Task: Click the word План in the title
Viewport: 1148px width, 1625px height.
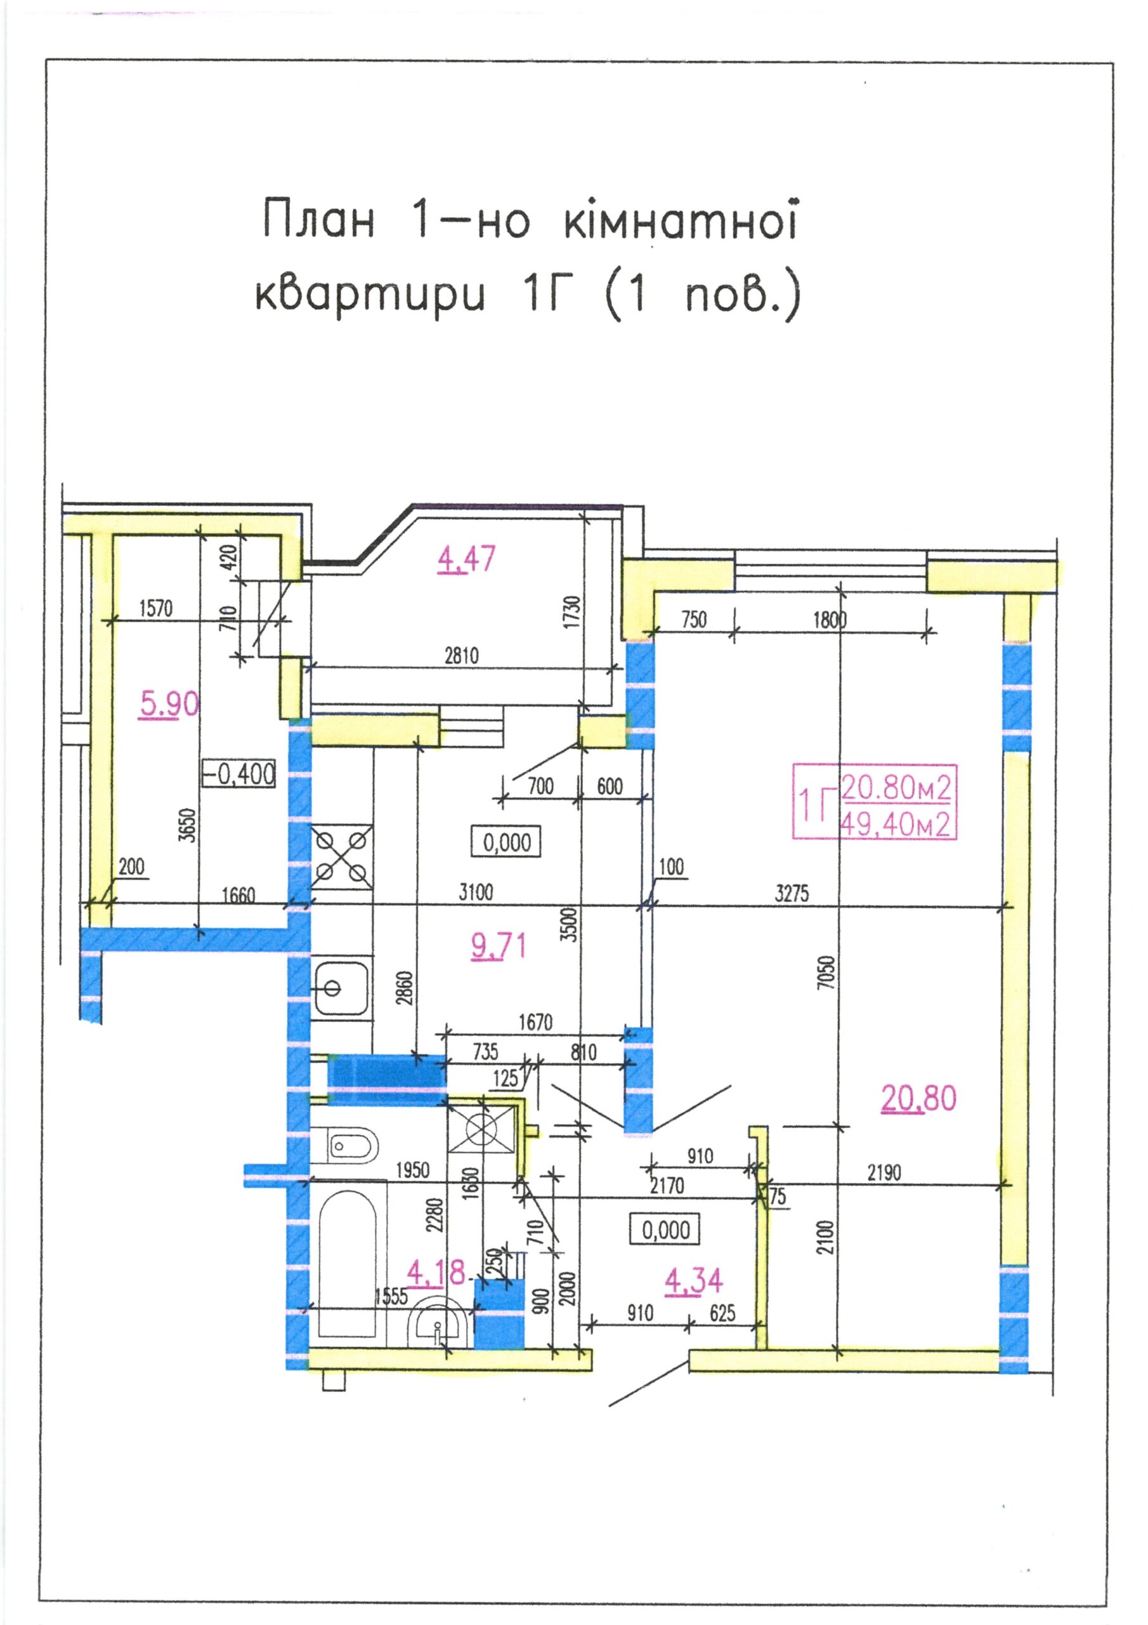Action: (318, 220)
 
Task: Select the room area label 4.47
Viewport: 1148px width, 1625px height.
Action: (467, 559)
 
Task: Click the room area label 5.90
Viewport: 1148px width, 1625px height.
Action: (170, 704)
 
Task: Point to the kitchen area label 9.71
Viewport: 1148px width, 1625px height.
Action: (499, 946)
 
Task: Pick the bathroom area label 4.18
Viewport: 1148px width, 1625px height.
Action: (436, 1273)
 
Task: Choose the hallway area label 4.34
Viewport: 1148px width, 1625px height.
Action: (694, 1280)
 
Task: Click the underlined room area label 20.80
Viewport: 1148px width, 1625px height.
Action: (919, 1098)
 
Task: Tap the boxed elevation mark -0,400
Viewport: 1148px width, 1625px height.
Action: (238, 774)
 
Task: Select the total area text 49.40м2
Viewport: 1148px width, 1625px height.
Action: (895, 825)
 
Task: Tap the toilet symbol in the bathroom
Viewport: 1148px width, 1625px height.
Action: (344, 1144)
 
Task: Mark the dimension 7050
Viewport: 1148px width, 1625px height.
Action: (828, 972)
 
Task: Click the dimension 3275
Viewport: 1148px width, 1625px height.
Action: (792, 893)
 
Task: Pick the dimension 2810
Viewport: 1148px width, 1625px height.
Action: (461, 655)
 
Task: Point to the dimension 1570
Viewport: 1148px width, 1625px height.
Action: (155, 608)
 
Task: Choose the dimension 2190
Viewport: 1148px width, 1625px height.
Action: (884, 1173)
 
